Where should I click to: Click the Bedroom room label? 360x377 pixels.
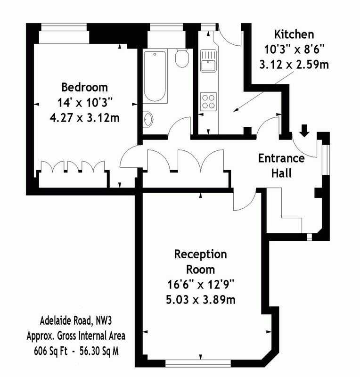pos(85,87)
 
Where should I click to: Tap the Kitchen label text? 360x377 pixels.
pos(294,34)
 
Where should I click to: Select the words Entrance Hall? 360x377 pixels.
pos(281,166)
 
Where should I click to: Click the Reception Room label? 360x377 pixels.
pos(201,262)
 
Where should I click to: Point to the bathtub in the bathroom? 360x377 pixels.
pos(155,76)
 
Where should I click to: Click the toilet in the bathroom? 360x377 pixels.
pos(182,58)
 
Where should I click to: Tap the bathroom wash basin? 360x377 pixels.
pos(148,119)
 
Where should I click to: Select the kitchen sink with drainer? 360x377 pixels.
pos(208,61)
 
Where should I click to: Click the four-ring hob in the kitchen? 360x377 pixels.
pos(208,102)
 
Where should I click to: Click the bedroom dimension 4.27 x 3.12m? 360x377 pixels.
pos(85,118)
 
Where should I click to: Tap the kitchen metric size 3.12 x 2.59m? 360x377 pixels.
pos(294,65)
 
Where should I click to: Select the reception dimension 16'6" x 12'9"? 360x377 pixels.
pos(201,285)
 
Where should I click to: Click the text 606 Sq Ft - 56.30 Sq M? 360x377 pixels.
pos(76,351)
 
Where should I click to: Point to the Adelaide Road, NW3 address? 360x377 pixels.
pos(76,321)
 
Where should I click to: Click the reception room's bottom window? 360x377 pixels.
pos(198,363)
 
